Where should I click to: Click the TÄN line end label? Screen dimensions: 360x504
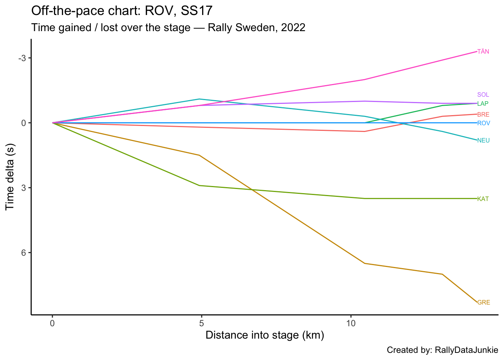(x=483, y=52)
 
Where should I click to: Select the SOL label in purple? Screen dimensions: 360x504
(x=483, y=95)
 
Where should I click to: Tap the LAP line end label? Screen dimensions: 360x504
(x=483, y=104)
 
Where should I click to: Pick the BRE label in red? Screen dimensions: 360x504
(x=483, y=115)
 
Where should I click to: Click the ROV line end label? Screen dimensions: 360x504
(x=483, y=123)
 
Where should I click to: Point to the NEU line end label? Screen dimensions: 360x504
(x=483, y=141)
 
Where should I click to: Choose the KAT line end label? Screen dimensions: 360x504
(x=483, y=199)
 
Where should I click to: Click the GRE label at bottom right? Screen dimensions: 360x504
(x=483, y=303)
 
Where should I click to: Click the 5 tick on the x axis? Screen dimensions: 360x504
(x=201, y=323)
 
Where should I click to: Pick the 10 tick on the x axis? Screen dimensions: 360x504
(x=350, y=323)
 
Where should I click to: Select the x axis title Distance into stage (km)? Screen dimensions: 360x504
(x=265, y=335)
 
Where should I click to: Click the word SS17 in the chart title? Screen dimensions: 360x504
(x=197, y=11)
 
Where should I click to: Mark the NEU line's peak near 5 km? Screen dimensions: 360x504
(x=199, y=99)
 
